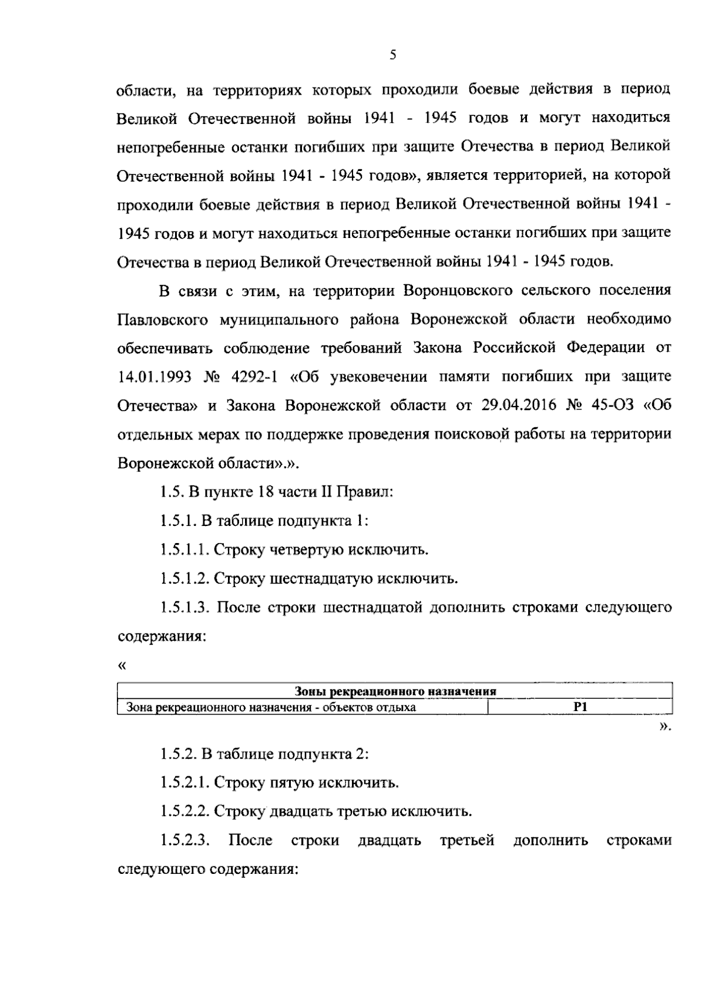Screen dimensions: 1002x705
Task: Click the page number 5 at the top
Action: tap(393, 55)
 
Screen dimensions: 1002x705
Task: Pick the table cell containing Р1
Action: tap(580, 707)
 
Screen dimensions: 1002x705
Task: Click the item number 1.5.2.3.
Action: tap(184, 840)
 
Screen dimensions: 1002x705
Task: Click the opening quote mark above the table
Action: tap(122, 666)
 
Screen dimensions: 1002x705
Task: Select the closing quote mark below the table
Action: tap(664, 728)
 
